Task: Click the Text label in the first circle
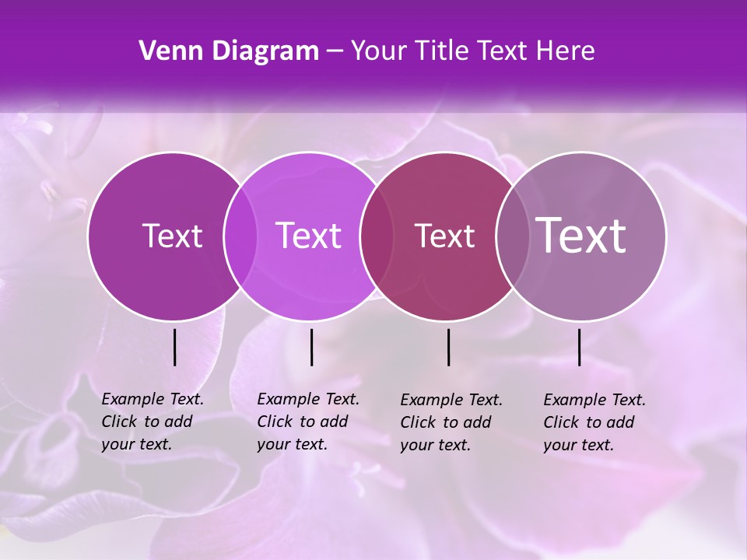172,236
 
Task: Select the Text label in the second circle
309,236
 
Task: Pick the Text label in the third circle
444,236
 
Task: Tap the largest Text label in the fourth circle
581,235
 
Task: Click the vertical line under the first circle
174,347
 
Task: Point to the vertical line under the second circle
311,347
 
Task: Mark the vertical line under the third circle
448,347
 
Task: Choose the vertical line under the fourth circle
580,347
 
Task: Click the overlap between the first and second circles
240,236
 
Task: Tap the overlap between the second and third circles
376,236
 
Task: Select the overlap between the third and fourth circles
510,236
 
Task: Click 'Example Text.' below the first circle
153,399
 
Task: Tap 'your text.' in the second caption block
292,444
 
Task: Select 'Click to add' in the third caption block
446,422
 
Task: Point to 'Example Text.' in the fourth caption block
594,400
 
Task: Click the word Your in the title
380,51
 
